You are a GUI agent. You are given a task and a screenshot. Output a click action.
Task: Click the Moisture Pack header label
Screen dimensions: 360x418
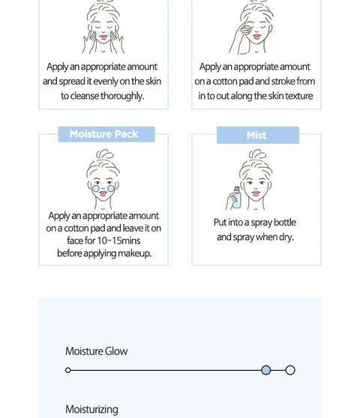click(x=103, y=134)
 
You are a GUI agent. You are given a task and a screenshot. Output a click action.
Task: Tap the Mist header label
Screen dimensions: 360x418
click(x=256, y=136)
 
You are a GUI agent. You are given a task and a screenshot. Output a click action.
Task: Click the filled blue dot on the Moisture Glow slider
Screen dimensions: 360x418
click(x=265, y=370)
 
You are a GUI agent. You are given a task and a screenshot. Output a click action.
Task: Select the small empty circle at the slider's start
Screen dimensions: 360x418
click(x=68, y=370)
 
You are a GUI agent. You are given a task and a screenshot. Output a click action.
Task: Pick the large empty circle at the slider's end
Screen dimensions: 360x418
click(x=290, y=370)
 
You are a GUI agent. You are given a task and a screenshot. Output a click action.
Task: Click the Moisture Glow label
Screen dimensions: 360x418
click(x=96, y=351)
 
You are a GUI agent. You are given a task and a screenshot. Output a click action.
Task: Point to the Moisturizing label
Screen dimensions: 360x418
click(x=91, y=410)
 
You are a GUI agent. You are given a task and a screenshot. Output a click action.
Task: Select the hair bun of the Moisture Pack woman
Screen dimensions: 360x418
click(x=104, y=154)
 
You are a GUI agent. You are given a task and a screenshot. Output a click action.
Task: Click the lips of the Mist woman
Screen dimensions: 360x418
click(x=256, y=193)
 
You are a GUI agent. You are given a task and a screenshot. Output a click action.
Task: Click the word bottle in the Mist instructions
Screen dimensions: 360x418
click(x=285, y=222)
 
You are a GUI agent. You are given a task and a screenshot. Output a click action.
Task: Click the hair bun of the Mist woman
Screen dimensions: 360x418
click(x=257, y=154)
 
